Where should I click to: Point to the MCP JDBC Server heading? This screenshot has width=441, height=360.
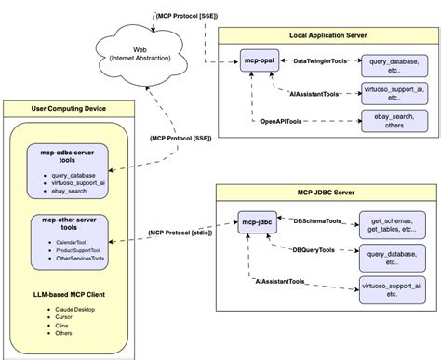(318, 193)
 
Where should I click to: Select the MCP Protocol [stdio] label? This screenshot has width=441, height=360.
(179, 232)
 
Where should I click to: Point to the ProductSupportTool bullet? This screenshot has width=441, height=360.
(77, 251)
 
